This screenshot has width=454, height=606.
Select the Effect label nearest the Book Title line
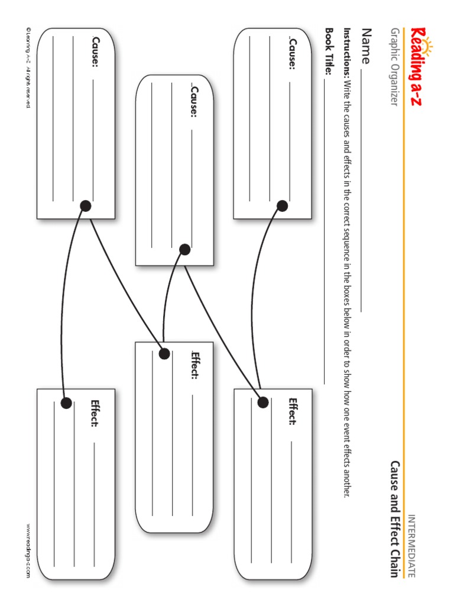[292, 411]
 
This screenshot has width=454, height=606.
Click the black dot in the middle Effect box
[164, 354]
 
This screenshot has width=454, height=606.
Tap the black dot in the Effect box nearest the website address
[66, 403]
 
